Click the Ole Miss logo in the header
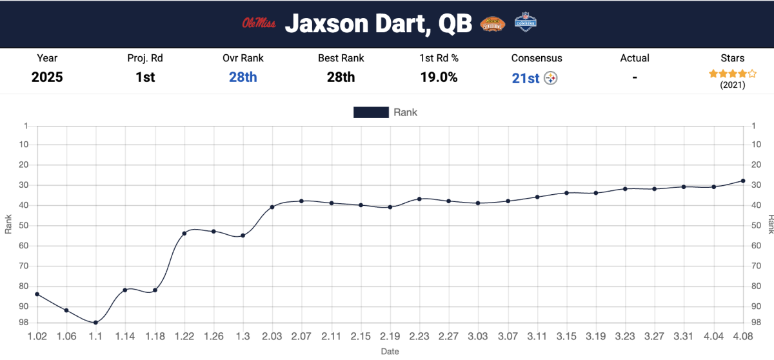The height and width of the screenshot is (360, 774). point(259,24)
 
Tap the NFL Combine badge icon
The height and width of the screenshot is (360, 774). point(526,23)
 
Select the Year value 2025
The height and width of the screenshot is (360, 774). point(47,77)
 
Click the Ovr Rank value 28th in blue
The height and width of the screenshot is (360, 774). point(243,77)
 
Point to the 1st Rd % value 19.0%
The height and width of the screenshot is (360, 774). point(439,77)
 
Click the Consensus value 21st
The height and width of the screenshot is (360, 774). point(526,78)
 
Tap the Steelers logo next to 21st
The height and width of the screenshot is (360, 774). point(551,78)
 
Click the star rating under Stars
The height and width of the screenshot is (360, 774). point(732,74)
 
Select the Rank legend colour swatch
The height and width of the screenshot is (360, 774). point(371,112)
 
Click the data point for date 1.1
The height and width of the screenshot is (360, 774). point(95,323)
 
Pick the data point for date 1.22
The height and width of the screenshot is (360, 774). point(184,233)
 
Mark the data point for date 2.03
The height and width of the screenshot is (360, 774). point(272,207)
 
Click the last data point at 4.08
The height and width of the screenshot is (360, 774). point(743,181)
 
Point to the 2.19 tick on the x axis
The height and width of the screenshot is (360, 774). point(390,337)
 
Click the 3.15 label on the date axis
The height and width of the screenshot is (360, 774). point(566,337)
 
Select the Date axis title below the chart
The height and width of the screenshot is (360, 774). point(390,352)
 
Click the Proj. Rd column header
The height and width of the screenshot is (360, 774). point(145,58)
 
